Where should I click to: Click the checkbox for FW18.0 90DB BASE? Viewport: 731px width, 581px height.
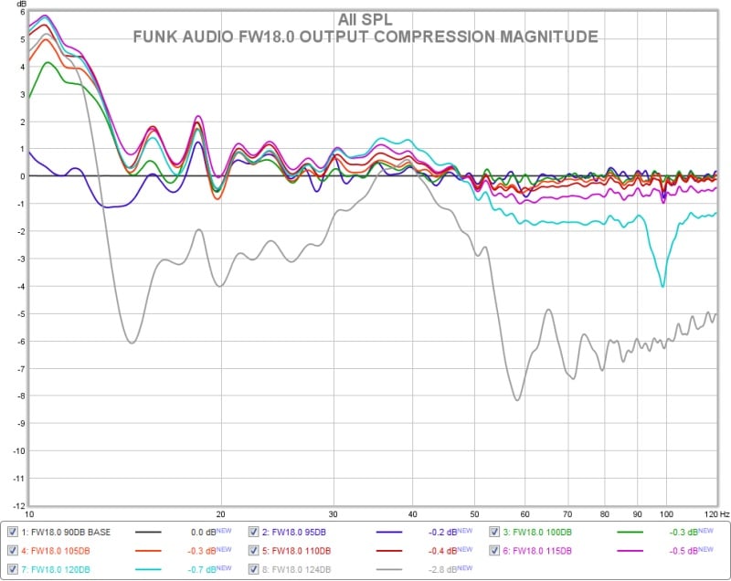[12, 532]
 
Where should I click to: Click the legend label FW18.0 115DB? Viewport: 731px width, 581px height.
[540, 550]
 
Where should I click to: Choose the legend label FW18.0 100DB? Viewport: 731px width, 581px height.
[540, 532]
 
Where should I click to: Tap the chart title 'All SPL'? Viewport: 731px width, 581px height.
[365, 18]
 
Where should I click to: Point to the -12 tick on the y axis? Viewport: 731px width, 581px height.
[16, 505]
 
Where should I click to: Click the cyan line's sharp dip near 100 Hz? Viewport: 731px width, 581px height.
[663, 286]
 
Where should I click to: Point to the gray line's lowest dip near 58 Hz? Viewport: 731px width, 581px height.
[517, 399]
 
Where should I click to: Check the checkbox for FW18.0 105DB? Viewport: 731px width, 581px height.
[12, 550]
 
